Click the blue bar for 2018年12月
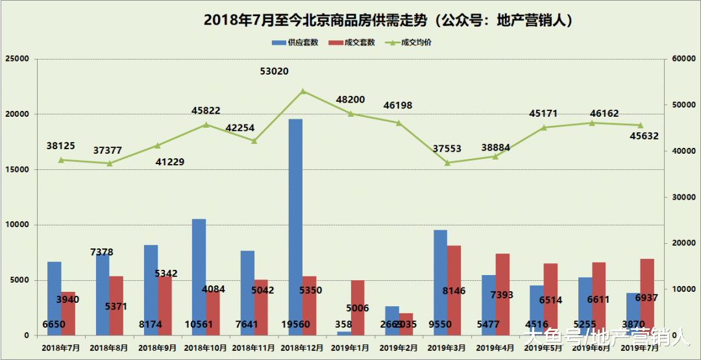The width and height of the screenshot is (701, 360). click(x=295, y=221)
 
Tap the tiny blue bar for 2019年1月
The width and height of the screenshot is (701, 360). click(x=344, y=333)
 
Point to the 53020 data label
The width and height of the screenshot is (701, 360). click(x=274, y=71)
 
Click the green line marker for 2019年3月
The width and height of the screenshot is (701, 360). click(x=447, y=163)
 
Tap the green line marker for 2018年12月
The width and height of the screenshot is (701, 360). click(x=302, y=91)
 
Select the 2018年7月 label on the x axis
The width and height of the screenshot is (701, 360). click(x=61, y=348)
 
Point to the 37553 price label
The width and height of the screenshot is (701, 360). click(x=446, y=149)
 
